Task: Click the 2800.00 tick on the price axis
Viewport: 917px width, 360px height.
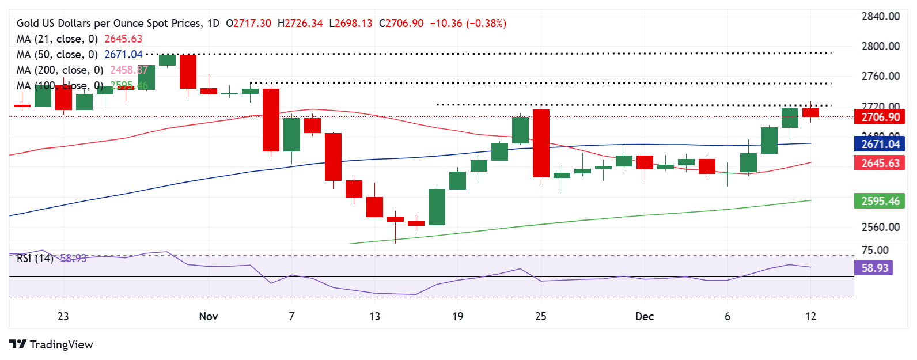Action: coord(880,46)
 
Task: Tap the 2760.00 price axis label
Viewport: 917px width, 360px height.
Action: coord(880,76)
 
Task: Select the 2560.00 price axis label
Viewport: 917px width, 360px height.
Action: coord(880,227)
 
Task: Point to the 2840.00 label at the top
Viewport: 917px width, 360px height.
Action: coord(880,16)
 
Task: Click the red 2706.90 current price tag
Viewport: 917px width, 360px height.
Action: coord(880,117)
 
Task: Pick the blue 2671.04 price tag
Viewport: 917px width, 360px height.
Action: coord(880,144)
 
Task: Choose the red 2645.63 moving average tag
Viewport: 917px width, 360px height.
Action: coord(880,163)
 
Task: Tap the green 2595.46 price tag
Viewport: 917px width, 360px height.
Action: coord(880,201)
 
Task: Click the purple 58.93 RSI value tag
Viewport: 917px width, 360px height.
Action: coord(874,268)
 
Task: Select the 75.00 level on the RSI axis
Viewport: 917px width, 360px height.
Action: coord(874,250)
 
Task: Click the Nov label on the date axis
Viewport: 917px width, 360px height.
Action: coord(209,316)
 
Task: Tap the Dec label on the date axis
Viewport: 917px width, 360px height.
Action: coord(645,316)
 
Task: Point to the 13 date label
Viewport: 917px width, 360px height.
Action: coord(374,316)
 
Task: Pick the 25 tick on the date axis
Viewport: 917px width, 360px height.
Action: coord(540,316)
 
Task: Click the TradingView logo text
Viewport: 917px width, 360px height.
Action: coord(60,344)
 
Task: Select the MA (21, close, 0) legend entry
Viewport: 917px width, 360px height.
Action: coord(57,39)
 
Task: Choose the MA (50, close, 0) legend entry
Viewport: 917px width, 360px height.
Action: coord(57,54)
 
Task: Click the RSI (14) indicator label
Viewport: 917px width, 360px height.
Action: coord(35,258)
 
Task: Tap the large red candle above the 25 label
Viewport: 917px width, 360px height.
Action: coord(541,143)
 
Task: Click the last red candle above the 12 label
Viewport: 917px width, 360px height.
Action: coord(810,112)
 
